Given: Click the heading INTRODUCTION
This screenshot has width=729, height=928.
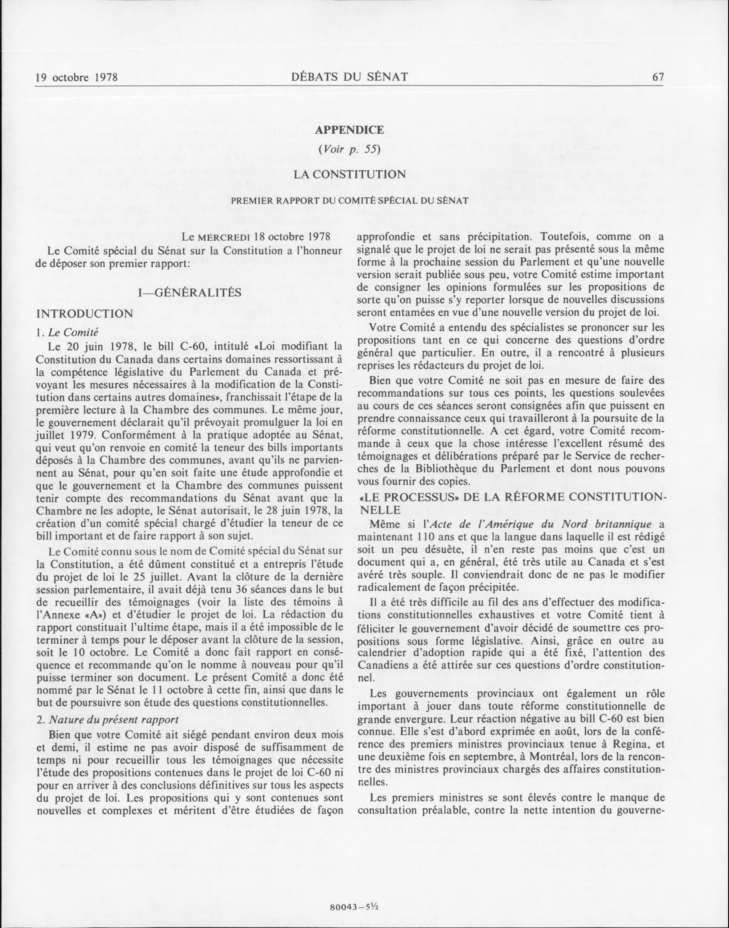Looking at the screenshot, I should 85,314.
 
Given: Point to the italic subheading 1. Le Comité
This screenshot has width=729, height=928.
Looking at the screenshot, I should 68,332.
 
